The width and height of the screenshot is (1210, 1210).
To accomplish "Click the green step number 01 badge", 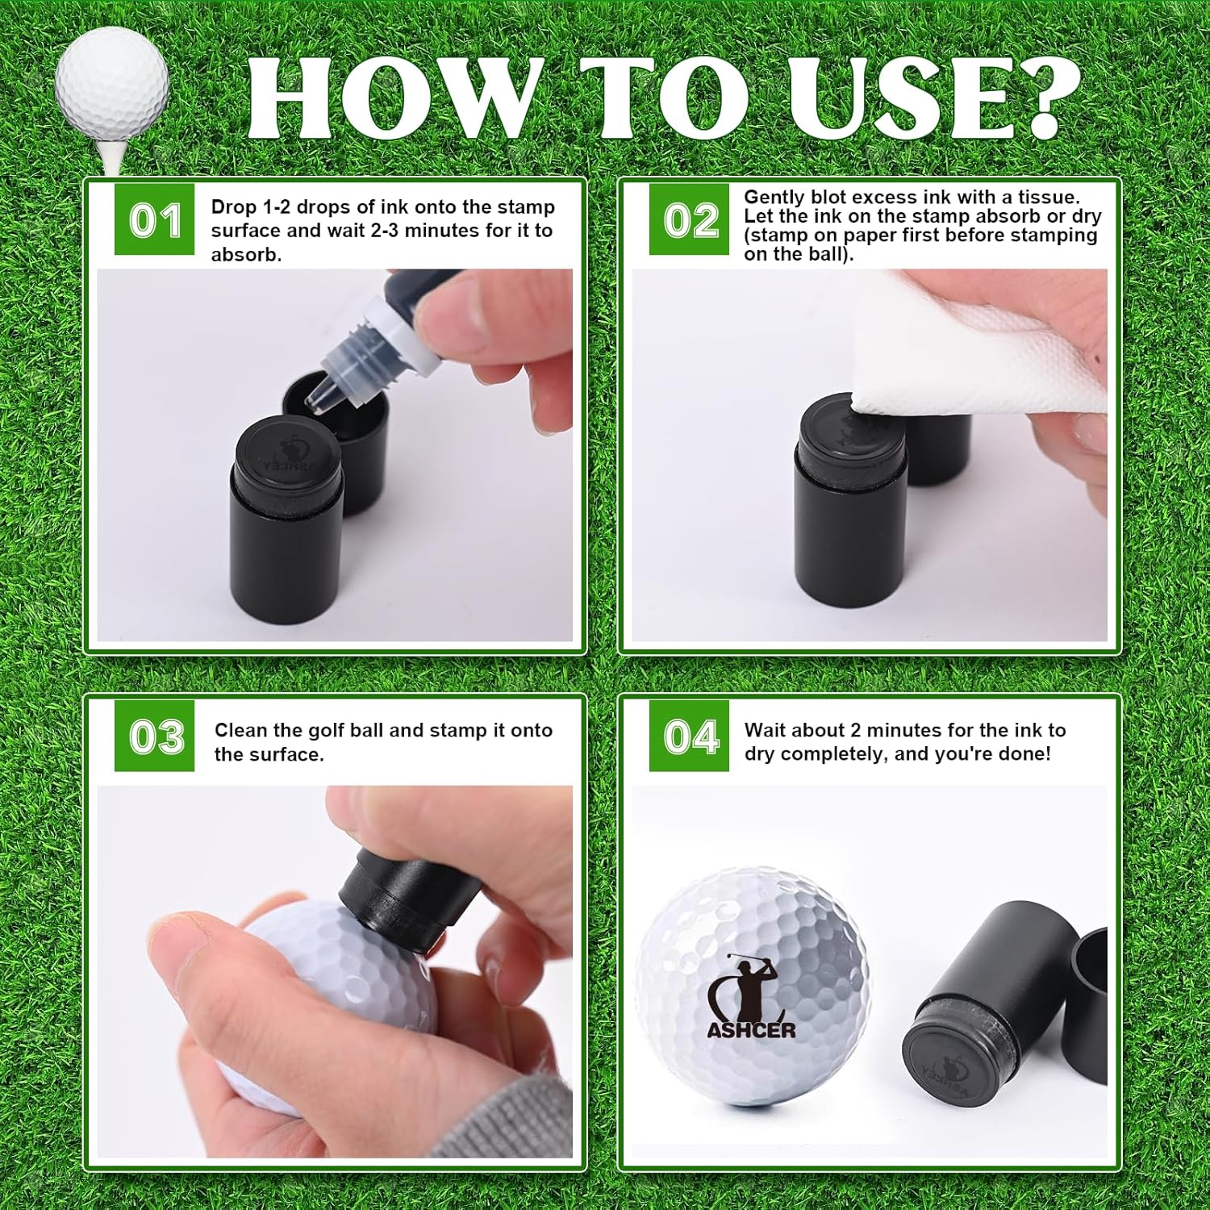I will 154,219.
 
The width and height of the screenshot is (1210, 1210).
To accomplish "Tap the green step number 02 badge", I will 689,219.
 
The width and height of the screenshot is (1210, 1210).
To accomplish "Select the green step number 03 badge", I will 154,736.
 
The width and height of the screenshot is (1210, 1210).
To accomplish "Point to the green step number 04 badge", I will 689,736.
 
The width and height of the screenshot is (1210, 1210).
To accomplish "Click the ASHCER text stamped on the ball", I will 751,1030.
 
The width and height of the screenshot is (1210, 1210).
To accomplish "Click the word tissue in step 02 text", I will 1048,198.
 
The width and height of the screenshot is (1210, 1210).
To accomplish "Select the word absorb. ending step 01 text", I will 246,255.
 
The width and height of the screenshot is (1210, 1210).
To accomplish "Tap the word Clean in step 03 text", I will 240,730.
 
